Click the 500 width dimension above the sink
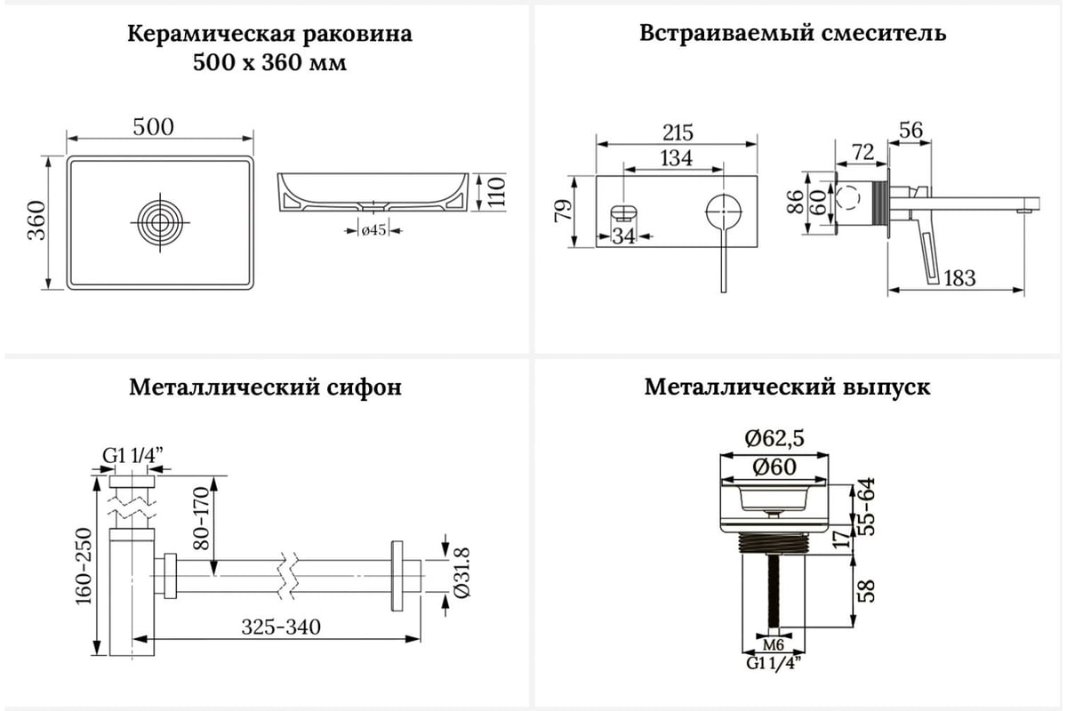tap(153, 127)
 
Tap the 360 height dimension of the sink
tap(36, 220)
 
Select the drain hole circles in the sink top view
tap(160, 222)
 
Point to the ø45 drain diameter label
tap(373, 230)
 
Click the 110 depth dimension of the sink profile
tap(496, 191)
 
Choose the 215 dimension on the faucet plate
tap(678, 132)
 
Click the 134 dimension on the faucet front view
tap(676, 158)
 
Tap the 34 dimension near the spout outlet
tap(623, 236)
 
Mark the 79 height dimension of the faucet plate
tap(563, 210)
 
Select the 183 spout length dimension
tap(959, 278)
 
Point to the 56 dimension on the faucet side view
tap(911, 130)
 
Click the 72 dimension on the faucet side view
tap(862, 152)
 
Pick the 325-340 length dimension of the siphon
tap(281, 627)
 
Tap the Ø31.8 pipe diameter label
tap(461, 572)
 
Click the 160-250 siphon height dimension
tap(84, 566)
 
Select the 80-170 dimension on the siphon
tap(202, 518)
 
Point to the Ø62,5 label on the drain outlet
tap(774, 438)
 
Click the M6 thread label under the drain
tap(773, 645)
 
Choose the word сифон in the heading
tap(365, 387)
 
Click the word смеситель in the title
tap(884, 34)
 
